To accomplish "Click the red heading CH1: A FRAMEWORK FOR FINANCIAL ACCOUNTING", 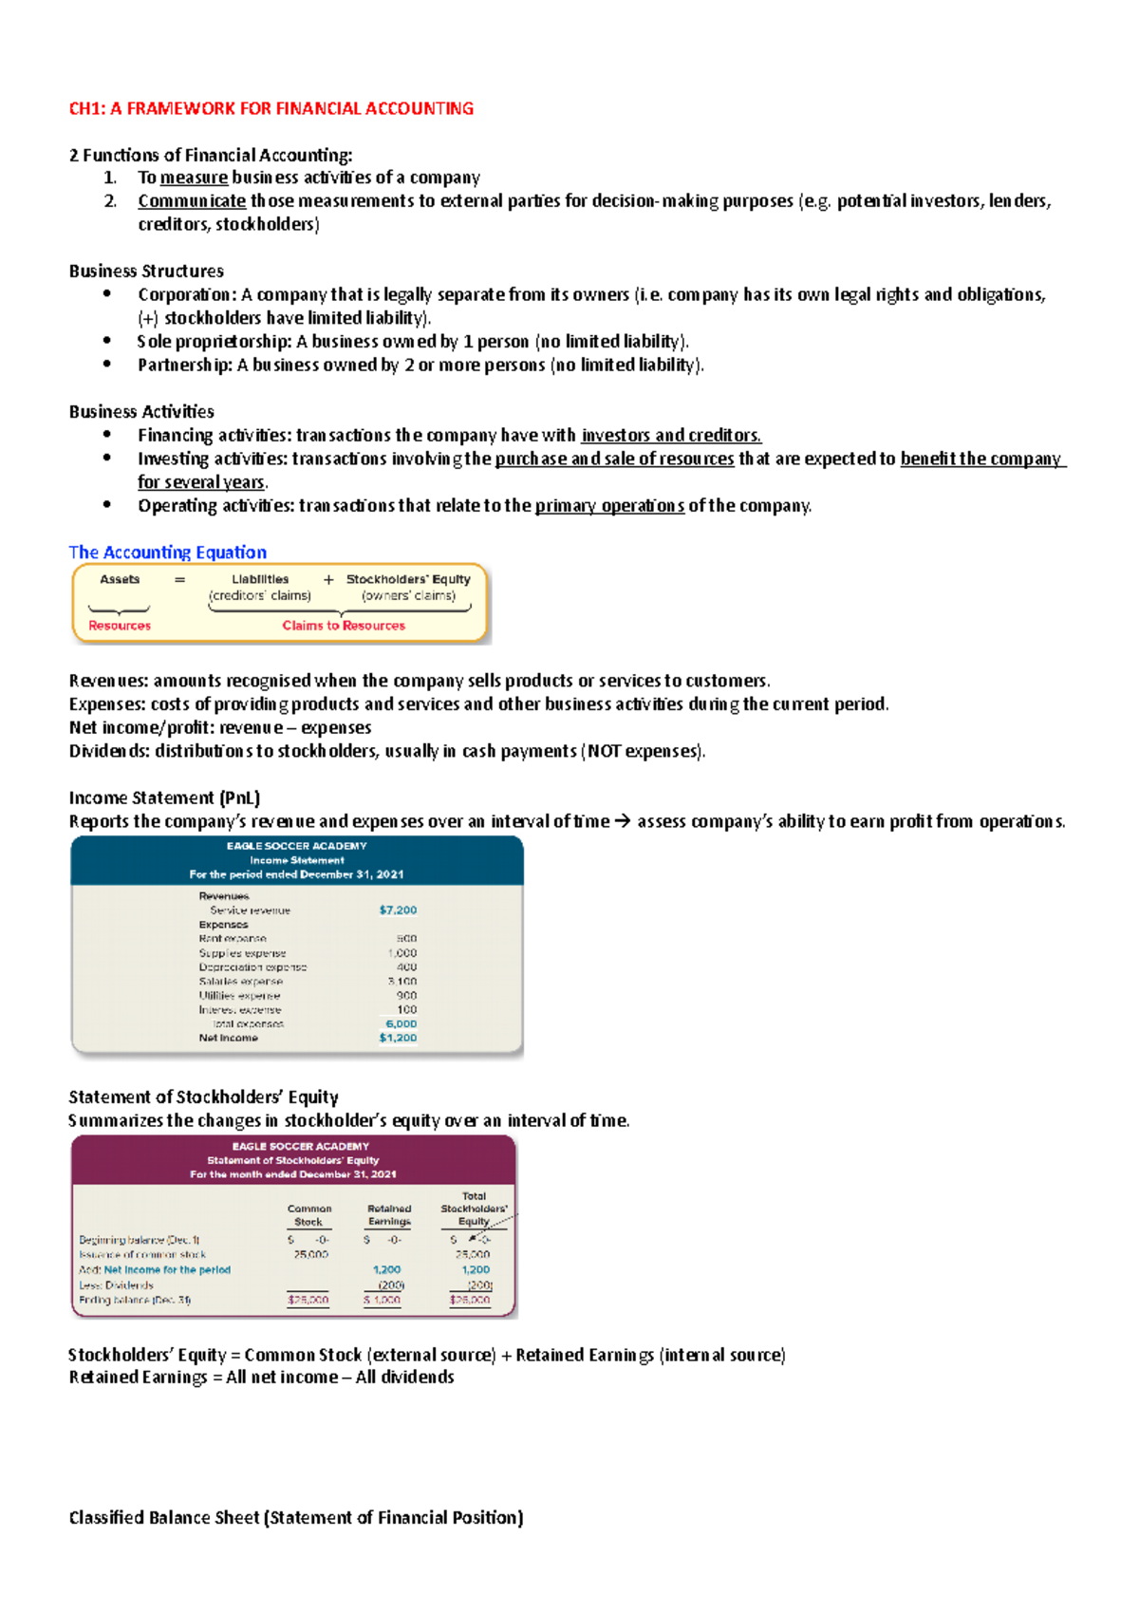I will [271, 108].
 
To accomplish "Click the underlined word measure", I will [194, 178].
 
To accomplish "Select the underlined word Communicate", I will [192, 201].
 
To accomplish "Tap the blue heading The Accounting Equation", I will [167, 553].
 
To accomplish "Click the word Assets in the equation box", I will [120, 579].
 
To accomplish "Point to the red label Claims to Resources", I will [343, 626].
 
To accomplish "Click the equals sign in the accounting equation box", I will [179, 580].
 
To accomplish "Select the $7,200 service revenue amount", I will [398, 909].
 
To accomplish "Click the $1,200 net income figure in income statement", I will [398, 1038].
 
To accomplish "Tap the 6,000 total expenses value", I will [401, 1023].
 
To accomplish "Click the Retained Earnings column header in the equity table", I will [389, 1215].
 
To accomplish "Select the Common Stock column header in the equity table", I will [309, 1215].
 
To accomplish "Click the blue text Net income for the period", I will [167, 1269].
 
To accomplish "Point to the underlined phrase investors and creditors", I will [671, 436].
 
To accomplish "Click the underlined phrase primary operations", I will [609, 506].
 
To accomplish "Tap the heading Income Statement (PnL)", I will [164, 798].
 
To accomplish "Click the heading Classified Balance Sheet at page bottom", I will [295, 1518].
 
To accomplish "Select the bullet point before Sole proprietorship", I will [107, 341].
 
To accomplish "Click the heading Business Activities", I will [141, 412].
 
